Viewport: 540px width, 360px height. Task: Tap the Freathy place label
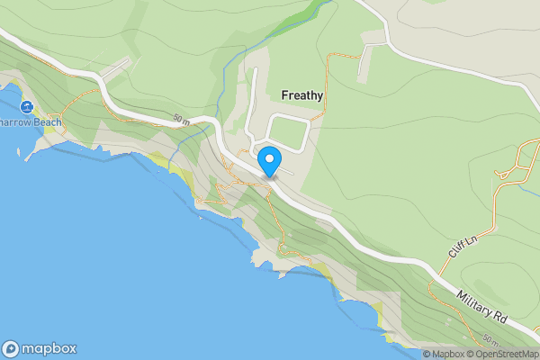(302, 94)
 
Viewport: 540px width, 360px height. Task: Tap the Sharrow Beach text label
(31, 122)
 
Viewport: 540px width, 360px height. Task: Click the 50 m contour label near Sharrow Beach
(180, 120)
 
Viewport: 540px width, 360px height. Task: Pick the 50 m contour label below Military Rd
(490, 340)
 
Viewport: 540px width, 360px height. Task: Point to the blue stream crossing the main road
(209, 127)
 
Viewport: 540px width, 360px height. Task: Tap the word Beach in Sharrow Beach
(44, 122)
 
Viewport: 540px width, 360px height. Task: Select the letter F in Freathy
(284, 94)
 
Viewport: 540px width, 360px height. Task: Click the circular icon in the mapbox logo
(11, 348)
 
